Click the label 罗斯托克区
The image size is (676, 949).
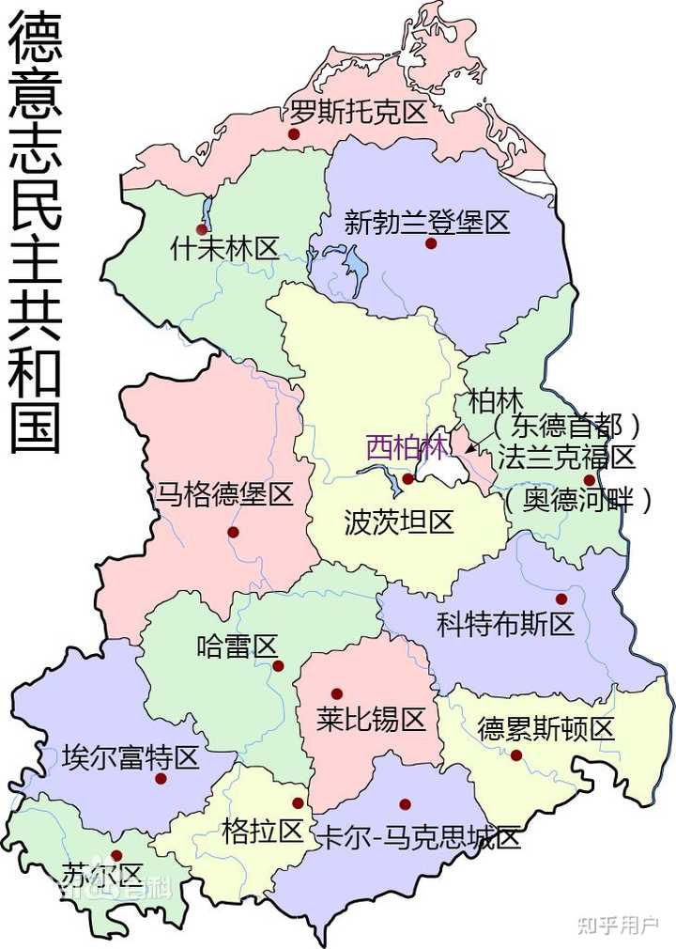358,114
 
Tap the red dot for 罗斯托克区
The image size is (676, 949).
294,134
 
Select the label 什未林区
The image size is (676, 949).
225,249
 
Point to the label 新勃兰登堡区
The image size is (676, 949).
426,223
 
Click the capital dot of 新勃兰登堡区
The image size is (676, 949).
431,243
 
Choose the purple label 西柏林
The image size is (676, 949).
407,446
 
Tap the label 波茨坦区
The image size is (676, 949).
399,521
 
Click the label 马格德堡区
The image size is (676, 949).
225,495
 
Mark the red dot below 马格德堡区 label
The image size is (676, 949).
233,532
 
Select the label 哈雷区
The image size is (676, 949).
238,646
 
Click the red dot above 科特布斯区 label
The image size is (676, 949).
561,599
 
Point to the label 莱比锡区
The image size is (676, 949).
371,720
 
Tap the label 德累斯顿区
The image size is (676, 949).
545,728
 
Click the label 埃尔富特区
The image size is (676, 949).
131,757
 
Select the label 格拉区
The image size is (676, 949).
264,831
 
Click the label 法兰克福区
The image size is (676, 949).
566,458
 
